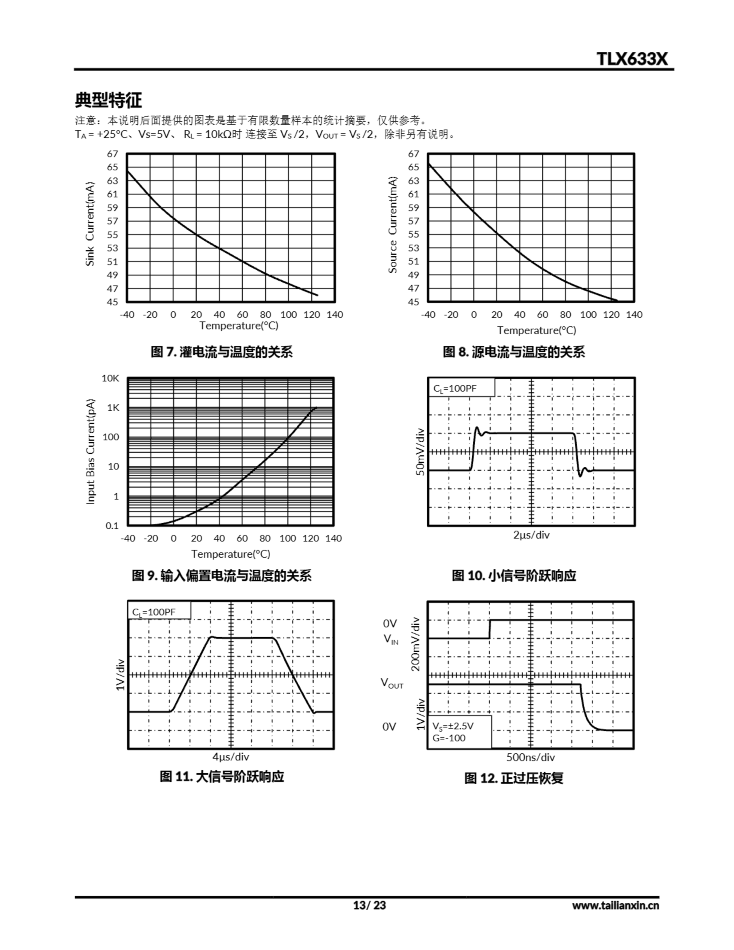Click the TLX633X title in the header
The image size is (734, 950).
632,59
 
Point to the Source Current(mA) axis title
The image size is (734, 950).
393,225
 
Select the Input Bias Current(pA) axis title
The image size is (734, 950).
91,452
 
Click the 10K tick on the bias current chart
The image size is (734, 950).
111,379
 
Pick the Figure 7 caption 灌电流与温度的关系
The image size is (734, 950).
222,352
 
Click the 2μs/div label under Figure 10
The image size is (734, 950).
531,535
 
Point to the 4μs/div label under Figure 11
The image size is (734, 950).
230,757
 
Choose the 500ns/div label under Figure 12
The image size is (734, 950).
530,757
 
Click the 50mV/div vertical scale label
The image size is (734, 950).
420,452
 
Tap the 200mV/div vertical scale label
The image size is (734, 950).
416,644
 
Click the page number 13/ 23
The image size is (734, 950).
369,905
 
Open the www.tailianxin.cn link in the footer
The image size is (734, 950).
615,905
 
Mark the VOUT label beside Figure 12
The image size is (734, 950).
392,683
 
